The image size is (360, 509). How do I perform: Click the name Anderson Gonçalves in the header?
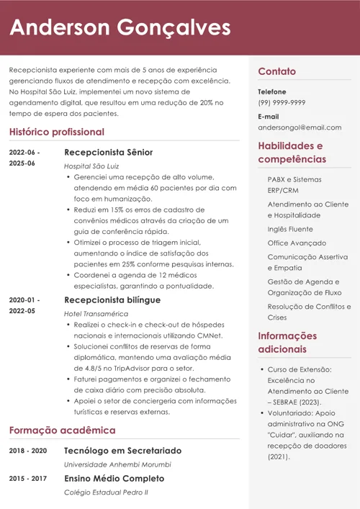coord(120,28)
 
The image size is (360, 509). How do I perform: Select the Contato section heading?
coord(277,71)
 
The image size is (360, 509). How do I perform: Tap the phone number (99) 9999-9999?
coord(282,102)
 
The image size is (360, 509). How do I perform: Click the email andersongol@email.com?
coord(300,127)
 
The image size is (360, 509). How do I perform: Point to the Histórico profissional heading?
coord(57,132)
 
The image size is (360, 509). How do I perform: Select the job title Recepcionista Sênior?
coord(108,153)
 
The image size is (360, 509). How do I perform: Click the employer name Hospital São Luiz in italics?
coord(91,166)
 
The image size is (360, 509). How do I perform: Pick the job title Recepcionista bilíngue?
coord(112,299)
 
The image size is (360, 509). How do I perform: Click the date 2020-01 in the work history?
coord(23,299)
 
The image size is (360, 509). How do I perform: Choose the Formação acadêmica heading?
coord(62,431)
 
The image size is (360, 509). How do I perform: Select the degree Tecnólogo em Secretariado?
coord(122,451)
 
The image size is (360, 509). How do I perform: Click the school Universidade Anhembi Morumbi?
coord(117,464)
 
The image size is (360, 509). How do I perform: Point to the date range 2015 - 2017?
coord(28,479)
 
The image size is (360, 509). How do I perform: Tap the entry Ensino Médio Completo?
coord(114,479)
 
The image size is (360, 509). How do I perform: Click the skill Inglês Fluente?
coord(290,229)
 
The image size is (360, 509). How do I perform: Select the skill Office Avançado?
coord(297,243)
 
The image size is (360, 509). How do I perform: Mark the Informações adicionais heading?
coord(287,342)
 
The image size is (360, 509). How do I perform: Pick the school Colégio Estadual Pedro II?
coord(105,492)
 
